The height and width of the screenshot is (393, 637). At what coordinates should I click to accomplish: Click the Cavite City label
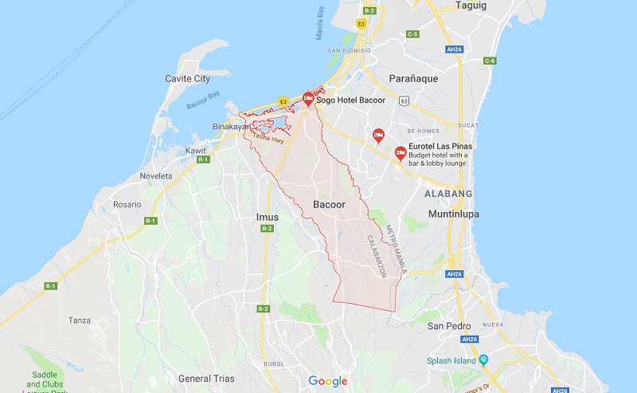click(187, 78)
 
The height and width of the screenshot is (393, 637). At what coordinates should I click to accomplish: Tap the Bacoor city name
click(329, 205)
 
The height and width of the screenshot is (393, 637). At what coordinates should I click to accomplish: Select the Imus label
click(268, 217)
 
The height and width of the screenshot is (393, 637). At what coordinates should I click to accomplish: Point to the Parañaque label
click(413, 78)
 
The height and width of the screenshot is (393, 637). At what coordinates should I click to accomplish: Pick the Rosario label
click(127, 205)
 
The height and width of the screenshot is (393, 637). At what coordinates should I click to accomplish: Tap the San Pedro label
click(449, 326)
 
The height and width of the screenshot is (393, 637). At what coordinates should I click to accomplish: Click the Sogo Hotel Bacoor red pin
click(307, 99)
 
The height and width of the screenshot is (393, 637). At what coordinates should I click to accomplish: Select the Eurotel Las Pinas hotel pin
click(401, 151)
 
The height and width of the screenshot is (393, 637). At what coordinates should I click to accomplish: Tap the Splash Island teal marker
click(483, 361)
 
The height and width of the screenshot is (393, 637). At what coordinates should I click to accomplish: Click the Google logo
click(328, 381)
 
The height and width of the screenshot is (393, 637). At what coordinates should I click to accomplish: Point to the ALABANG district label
click(448, 194)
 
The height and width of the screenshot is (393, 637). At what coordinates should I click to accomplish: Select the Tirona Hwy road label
click(268, 139)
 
